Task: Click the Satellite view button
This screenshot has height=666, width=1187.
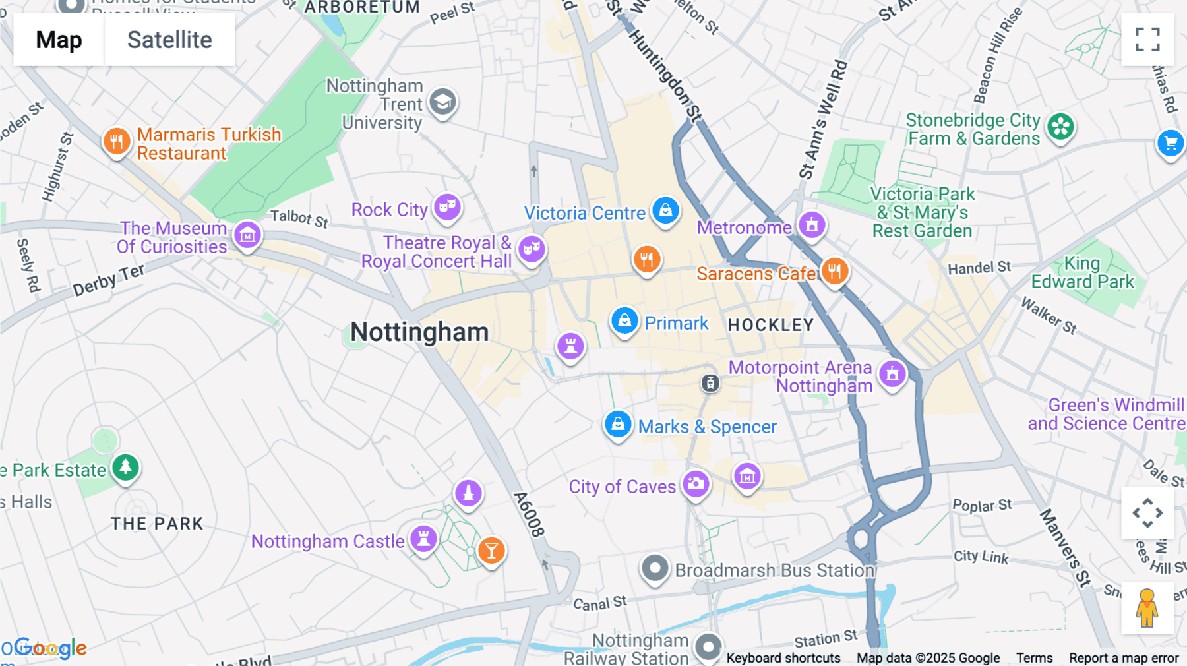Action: (169, 40)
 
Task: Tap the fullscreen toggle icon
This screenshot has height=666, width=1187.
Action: (1147, 40)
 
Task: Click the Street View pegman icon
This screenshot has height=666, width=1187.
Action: (1147, 608)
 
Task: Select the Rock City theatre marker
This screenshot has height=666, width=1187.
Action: (447, 206)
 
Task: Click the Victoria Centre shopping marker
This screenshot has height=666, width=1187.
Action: (665, 210)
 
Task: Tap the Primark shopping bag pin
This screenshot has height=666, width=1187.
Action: (624, 321)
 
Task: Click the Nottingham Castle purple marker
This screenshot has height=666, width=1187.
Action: (423, 539)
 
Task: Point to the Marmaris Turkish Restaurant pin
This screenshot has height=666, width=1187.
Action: (117, 140)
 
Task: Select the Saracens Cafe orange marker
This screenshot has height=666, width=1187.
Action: (834, 270)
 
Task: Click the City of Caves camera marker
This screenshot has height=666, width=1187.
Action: (695, 484)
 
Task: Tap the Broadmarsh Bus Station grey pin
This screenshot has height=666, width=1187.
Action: (655, 568)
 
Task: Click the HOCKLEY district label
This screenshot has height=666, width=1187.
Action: (770, 325)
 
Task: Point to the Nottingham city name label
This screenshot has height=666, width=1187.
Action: (419, 332)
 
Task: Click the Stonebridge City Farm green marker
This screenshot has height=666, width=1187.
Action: (1060, 127)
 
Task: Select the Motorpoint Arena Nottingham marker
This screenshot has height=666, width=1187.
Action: (892, 374)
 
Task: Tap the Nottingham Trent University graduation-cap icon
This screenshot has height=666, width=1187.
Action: (442, 102)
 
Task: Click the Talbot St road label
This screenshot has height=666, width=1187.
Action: (299, 218)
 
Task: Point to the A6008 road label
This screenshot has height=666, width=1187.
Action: (530, 514)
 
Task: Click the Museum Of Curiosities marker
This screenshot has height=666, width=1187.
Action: (247, 235)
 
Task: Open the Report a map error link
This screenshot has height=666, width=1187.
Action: (1123, 657)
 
